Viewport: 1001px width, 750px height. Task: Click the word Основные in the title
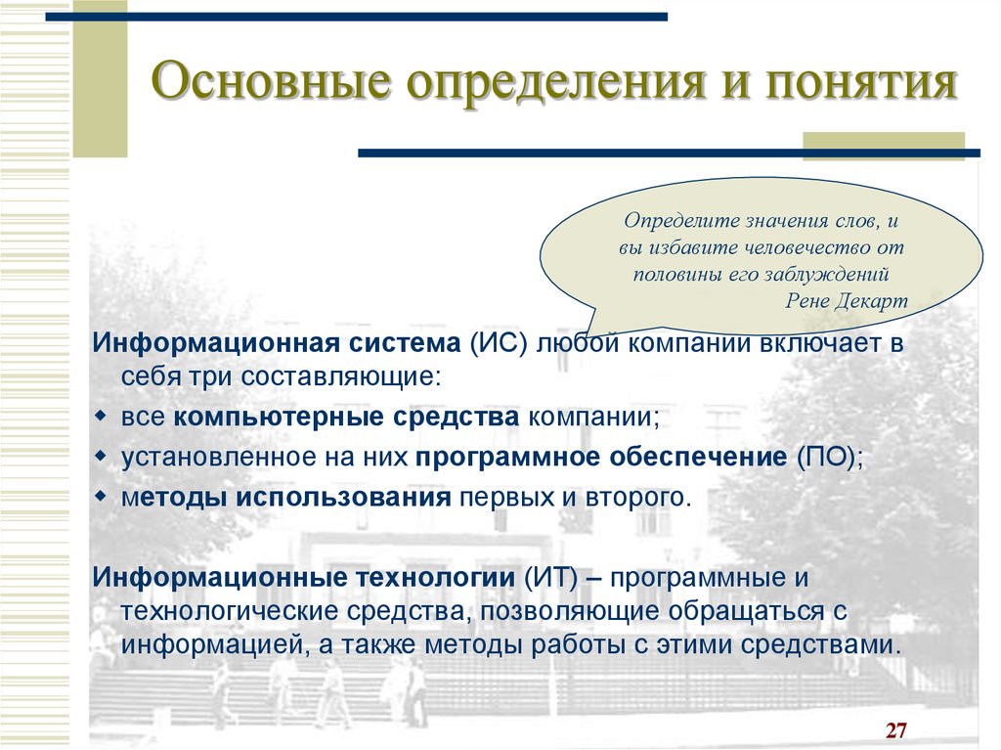(x=272, y=80)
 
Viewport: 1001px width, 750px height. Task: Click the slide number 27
(x=896, y=730)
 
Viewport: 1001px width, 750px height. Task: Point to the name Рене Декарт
(x=846, y=300)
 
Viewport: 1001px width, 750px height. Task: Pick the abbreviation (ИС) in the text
(x=500, y=343)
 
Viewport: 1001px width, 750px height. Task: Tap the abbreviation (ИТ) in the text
(x=551, y=578)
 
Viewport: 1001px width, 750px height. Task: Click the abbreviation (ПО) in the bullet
(x=829, y=458)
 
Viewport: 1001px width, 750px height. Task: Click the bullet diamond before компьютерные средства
(x=101, y=417)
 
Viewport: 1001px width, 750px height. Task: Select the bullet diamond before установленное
(x=101, y=457)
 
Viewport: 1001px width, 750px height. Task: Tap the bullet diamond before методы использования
(x=101, y=497)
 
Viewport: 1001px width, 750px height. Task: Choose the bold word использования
(x=343, y=497)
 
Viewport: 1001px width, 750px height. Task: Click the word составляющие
(x=341, y=376)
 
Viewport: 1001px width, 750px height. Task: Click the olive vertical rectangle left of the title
(x=100, y=78)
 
